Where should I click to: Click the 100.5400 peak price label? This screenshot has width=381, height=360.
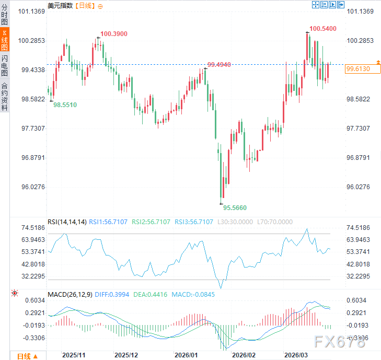(322, 28)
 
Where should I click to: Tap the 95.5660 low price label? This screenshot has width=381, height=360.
(235, 207)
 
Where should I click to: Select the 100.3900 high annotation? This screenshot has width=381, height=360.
(113, 33)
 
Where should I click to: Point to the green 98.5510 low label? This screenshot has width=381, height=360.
(65, 105)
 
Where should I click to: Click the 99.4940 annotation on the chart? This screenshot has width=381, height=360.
(220, 64)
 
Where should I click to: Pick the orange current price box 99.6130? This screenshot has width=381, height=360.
(358, 69)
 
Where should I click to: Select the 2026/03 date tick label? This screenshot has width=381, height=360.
(296, 354)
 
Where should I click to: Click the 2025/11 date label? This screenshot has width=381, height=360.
(74, 354)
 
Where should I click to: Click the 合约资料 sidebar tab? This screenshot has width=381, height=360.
(5, 97)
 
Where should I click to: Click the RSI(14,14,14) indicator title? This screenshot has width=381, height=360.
(67, 222)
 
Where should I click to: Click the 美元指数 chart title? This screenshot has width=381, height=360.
(60, 5)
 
